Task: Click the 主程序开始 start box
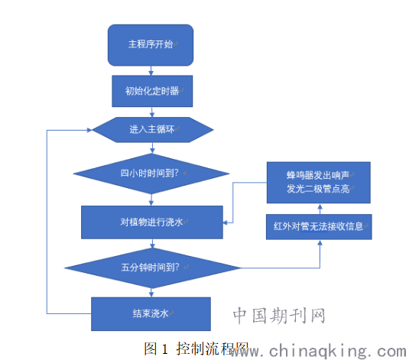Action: tap(151, 45)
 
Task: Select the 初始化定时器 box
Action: tap(152, 91)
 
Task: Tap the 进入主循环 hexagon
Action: tap(153, 130)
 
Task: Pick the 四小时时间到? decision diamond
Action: tap(151, 174)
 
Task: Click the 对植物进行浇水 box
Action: tap(152, 222)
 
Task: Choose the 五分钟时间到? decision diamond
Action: tap(152, 268)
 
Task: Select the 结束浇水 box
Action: tap(151, 314)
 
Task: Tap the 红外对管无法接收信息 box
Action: tap(319, 227)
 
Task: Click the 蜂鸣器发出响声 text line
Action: tap(318, 176)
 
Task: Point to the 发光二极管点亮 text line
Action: tap(318, 189)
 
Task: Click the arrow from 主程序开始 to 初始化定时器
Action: tap(151, 70)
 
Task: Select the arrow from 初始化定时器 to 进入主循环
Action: tap(152, 112)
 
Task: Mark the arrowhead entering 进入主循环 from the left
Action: tap(89, 130)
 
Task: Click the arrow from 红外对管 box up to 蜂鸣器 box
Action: tap(320, 209)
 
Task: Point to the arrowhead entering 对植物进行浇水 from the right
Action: tap(226, 222)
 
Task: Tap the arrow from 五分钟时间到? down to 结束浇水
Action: tap(151, 293)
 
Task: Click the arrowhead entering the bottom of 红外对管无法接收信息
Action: tap(320, 242)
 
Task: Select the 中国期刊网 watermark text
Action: tap(279, 316)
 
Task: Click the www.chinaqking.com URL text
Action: tap(318, 351)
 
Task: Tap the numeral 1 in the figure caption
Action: tap(165, 349)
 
